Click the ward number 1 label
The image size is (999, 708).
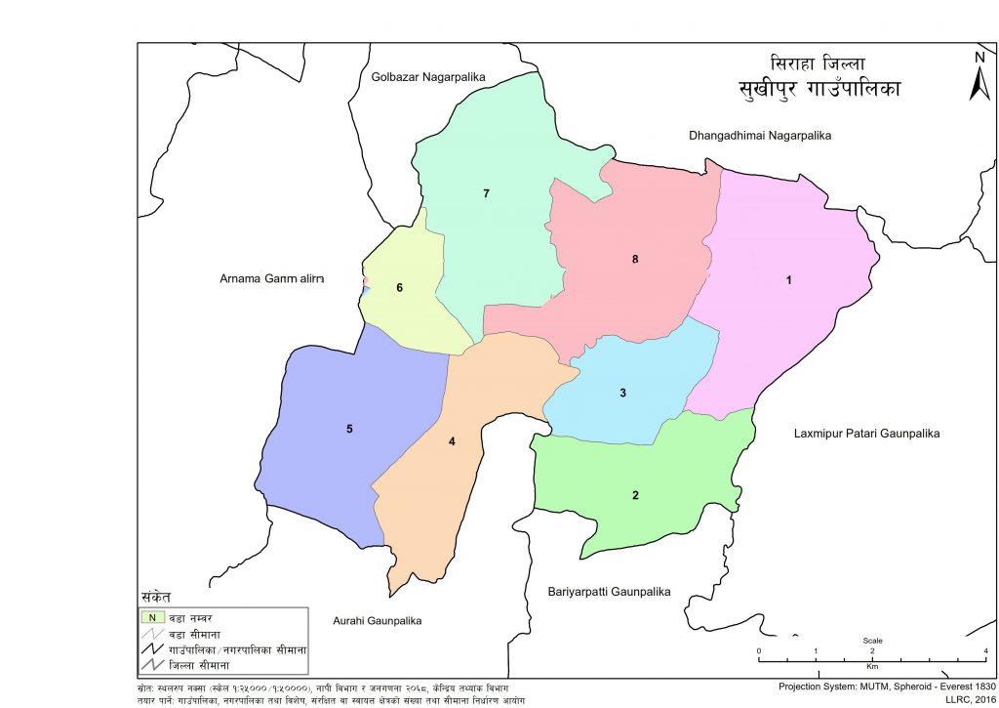[789, 280]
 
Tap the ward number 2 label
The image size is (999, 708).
[635, 495]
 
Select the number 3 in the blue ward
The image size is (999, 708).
[621, 394]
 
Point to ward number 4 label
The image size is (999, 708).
[452, 441]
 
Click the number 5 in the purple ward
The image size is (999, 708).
[348, 429]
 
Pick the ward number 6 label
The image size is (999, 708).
[399, 288]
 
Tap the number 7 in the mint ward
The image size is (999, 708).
[485, 193]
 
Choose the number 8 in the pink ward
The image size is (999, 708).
[635, 259]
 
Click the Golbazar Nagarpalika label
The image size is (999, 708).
[428, 76]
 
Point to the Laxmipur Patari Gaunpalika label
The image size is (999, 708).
[864, 433]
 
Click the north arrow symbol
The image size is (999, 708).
[979, 78]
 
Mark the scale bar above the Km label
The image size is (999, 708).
[872, 648]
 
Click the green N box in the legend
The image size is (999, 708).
[151, 617]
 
